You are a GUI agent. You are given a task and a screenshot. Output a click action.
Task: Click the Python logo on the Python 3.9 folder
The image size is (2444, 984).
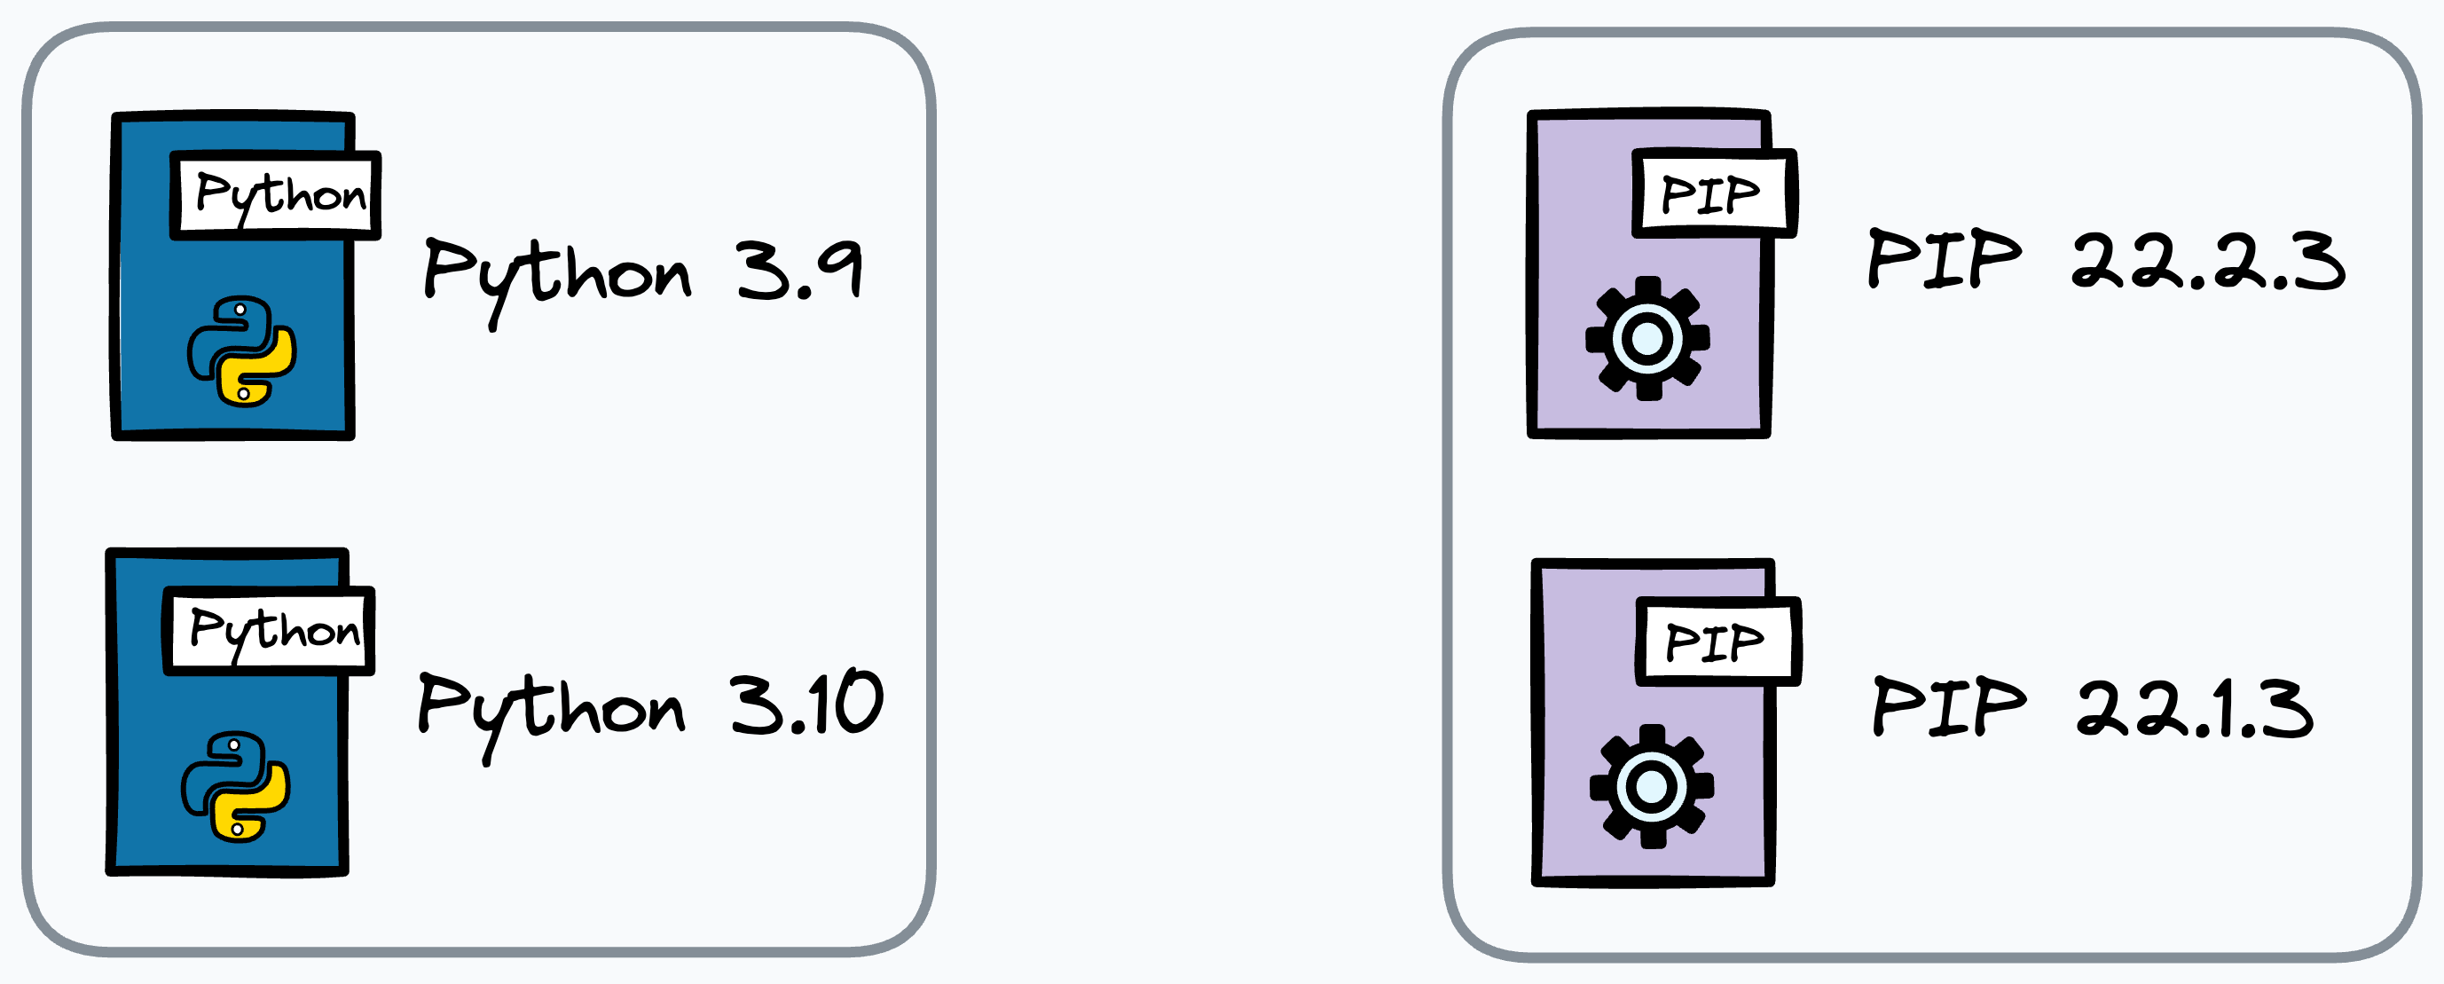(x=242, y=351)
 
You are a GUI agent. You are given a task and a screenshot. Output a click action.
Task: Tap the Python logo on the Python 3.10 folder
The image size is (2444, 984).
(x=235, y=787)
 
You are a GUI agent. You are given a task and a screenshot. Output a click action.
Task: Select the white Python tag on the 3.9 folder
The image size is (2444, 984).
(x=275, y=194)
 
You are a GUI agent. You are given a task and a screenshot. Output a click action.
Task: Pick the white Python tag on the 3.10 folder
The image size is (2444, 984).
(x=270, y=630)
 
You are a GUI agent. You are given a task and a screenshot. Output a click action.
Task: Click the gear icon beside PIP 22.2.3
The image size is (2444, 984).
(x=1647, y=338)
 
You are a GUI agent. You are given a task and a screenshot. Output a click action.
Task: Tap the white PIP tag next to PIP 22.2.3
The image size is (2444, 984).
(x=1713, y=193)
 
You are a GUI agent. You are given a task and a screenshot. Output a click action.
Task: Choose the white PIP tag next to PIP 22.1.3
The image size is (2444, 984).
(x=1717, y=642)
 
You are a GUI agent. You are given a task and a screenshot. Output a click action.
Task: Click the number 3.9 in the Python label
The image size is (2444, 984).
(x=799, y=271)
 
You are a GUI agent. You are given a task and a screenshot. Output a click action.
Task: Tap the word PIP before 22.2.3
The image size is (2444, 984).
(x=1944, y=258)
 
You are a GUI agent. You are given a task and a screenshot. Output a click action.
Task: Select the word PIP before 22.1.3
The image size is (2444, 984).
(x=1949, y=707)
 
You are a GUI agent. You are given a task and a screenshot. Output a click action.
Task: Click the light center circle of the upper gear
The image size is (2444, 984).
(x=1647, y=338)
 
